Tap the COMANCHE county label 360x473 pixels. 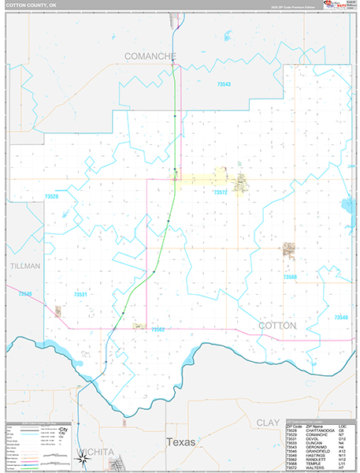coord(150,56)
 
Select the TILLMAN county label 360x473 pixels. coord(24,266)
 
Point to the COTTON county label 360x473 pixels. coord(277,325)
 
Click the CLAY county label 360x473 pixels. coord(268,423)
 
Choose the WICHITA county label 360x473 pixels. coord(95,452)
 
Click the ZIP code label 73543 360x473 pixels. coord(225,84)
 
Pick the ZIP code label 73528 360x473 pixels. coord(52,196)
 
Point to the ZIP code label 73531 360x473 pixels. coord(80,294)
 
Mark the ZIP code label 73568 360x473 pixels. coord(291,277)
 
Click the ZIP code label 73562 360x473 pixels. coord(158,330)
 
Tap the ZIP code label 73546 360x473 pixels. coord(24,294)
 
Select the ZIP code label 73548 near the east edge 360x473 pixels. coord(341,317)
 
